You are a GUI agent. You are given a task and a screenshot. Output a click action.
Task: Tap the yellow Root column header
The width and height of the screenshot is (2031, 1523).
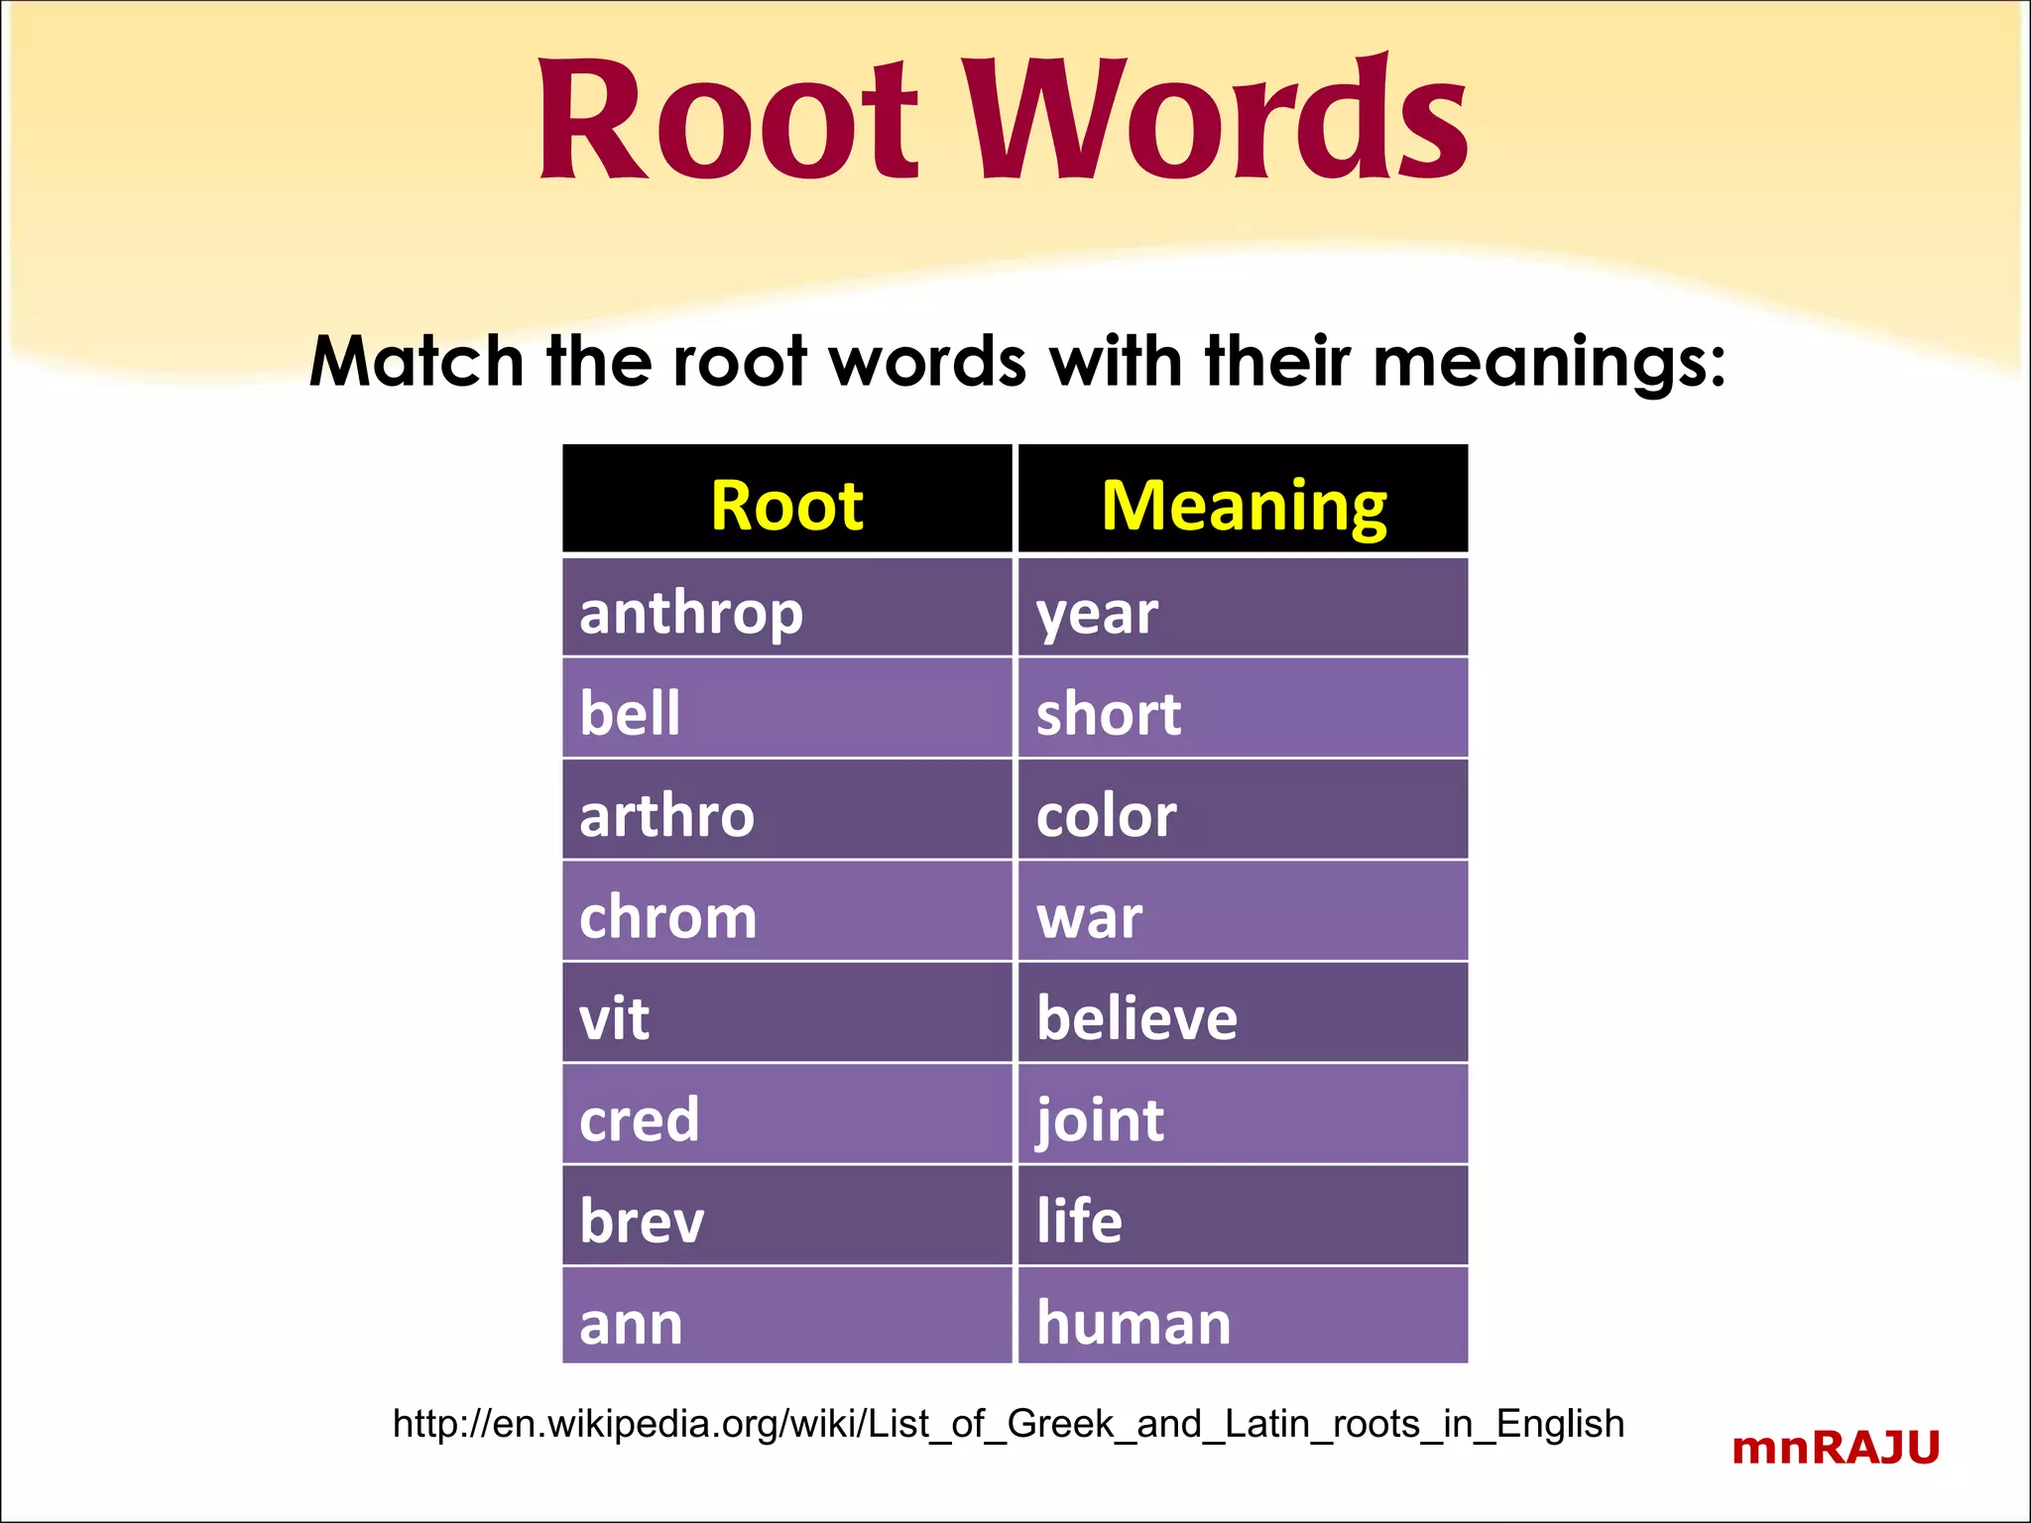[786, 505]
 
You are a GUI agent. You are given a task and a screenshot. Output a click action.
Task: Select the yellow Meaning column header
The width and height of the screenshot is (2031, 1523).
[1244, 505]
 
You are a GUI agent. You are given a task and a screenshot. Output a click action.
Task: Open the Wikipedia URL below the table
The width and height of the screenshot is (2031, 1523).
[1009, 1424]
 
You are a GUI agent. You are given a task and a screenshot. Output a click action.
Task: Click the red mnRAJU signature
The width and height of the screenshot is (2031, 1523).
[1836, 1449]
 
